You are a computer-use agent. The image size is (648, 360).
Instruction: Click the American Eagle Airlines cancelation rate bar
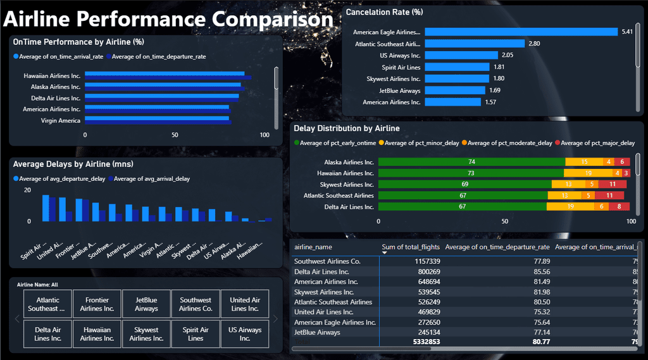(521, 32)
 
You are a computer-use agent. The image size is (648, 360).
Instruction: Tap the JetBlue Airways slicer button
(146, 304)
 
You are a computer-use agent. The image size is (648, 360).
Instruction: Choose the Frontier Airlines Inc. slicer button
(97, 304)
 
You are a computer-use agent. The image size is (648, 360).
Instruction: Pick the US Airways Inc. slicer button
(245, 334)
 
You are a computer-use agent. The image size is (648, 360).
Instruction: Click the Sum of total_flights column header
(411, 247)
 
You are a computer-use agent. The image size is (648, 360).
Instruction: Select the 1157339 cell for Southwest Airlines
(420, 261)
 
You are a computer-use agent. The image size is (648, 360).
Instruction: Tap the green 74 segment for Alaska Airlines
(471, 162)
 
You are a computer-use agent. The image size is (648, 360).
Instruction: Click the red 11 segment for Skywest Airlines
(612, 184)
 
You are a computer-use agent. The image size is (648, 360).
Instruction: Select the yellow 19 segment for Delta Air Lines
(571, 207)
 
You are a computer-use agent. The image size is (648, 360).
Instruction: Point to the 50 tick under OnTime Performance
(175, 135)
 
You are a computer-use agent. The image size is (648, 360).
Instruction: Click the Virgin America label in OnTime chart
(61, 121)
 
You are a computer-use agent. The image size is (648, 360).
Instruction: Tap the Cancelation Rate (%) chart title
(384, 12)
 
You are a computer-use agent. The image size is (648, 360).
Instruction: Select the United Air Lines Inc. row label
(323, 312)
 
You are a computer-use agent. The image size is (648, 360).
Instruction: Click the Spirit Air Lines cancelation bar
(457, 67)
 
